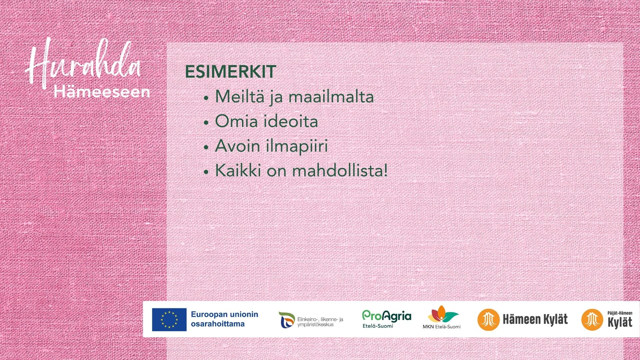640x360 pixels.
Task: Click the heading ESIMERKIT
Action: coord(230,72)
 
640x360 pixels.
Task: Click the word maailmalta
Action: coord(331,97)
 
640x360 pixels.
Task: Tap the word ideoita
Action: coord(292,121)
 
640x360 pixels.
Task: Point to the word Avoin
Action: coord(237,146)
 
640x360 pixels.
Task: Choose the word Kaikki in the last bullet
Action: coord(238,170)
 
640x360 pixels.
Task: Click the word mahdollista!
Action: coord(340,170)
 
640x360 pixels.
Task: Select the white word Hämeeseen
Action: coord(102,92)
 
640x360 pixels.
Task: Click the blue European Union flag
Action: coord(169,319)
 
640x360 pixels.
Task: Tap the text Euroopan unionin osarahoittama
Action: coord(224,319)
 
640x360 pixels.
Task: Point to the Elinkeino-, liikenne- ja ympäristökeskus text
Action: coord(320,322)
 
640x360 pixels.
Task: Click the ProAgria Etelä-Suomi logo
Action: coord(387,319)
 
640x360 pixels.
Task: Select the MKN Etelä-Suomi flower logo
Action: coord(442,317)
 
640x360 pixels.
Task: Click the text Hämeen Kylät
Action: coord(535,319)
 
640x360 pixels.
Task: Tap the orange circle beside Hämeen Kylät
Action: coord(488,319)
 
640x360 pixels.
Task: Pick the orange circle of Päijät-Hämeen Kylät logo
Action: coord(592,319)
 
